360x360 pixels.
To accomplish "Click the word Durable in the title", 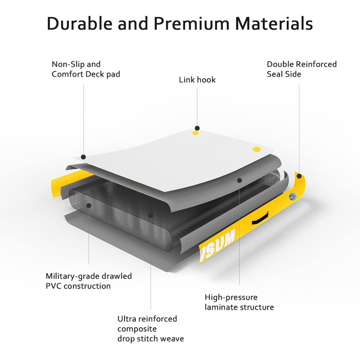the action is [80, 23].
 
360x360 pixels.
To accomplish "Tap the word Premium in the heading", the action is [191, 23].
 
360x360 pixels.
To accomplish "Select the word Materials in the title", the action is [274, 23].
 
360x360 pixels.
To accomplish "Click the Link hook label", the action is [197, 80].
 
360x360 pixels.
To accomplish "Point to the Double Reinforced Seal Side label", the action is [302, 69].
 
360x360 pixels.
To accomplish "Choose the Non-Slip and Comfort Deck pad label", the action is [86, 69].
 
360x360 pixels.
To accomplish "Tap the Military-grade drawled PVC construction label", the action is [89, 281].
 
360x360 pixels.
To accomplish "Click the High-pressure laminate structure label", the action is [239, 302].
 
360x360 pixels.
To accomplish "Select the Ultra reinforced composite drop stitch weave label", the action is [151, 329].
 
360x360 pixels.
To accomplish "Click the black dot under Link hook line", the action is [197, 128].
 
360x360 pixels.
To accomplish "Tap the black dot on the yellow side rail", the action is [299, 176].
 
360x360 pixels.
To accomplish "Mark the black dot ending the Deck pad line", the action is [83, 157].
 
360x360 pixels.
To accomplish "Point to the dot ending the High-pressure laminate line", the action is [240, 181].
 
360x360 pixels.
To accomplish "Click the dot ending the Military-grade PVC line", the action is [89, 205].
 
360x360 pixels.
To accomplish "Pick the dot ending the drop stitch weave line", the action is [151, 215].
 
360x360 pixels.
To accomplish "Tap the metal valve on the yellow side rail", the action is [293, 196].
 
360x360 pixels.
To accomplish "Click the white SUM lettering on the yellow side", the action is [217, 246].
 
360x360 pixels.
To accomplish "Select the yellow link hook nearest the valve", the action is [256, 149].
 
